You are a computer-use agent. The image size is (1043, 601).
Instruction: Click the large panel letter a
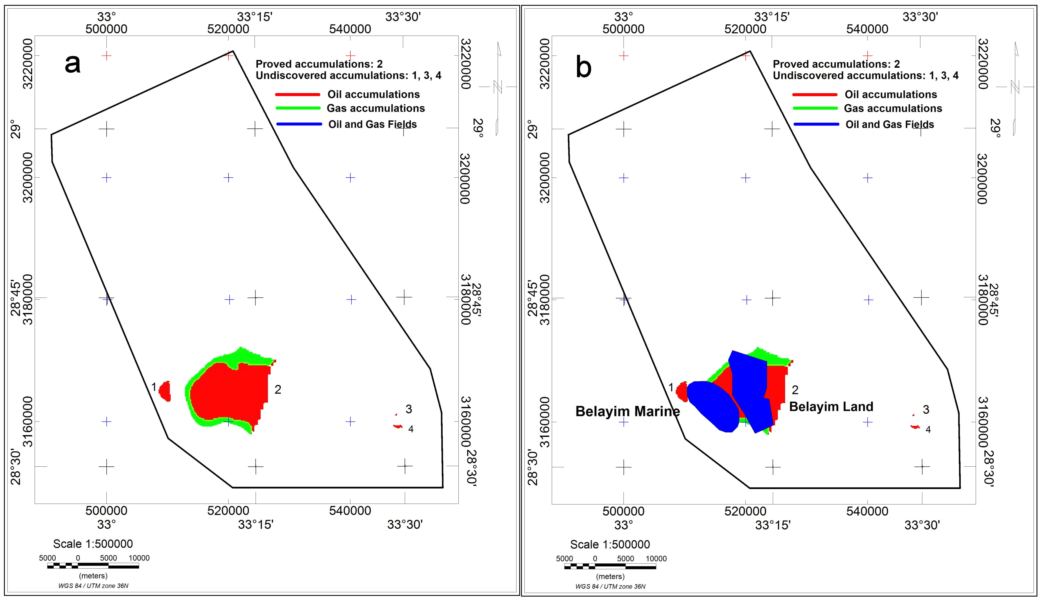click(73, 64)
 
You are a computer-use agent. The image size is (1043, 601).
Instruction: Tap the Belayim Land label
click(831, 407)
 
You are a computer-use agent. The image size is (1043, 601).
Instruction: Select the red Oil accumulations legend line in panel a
click(297, 95)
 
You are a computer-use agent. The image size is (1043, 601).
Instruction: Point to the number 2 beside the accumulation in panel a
click(278, 389)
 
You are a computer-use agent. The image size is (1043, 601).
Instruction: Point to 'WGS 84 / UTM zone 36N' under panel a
click(93, 586)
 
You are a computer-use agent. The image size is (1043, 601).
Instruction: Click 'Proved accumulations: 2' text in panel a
click(319, 64)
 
